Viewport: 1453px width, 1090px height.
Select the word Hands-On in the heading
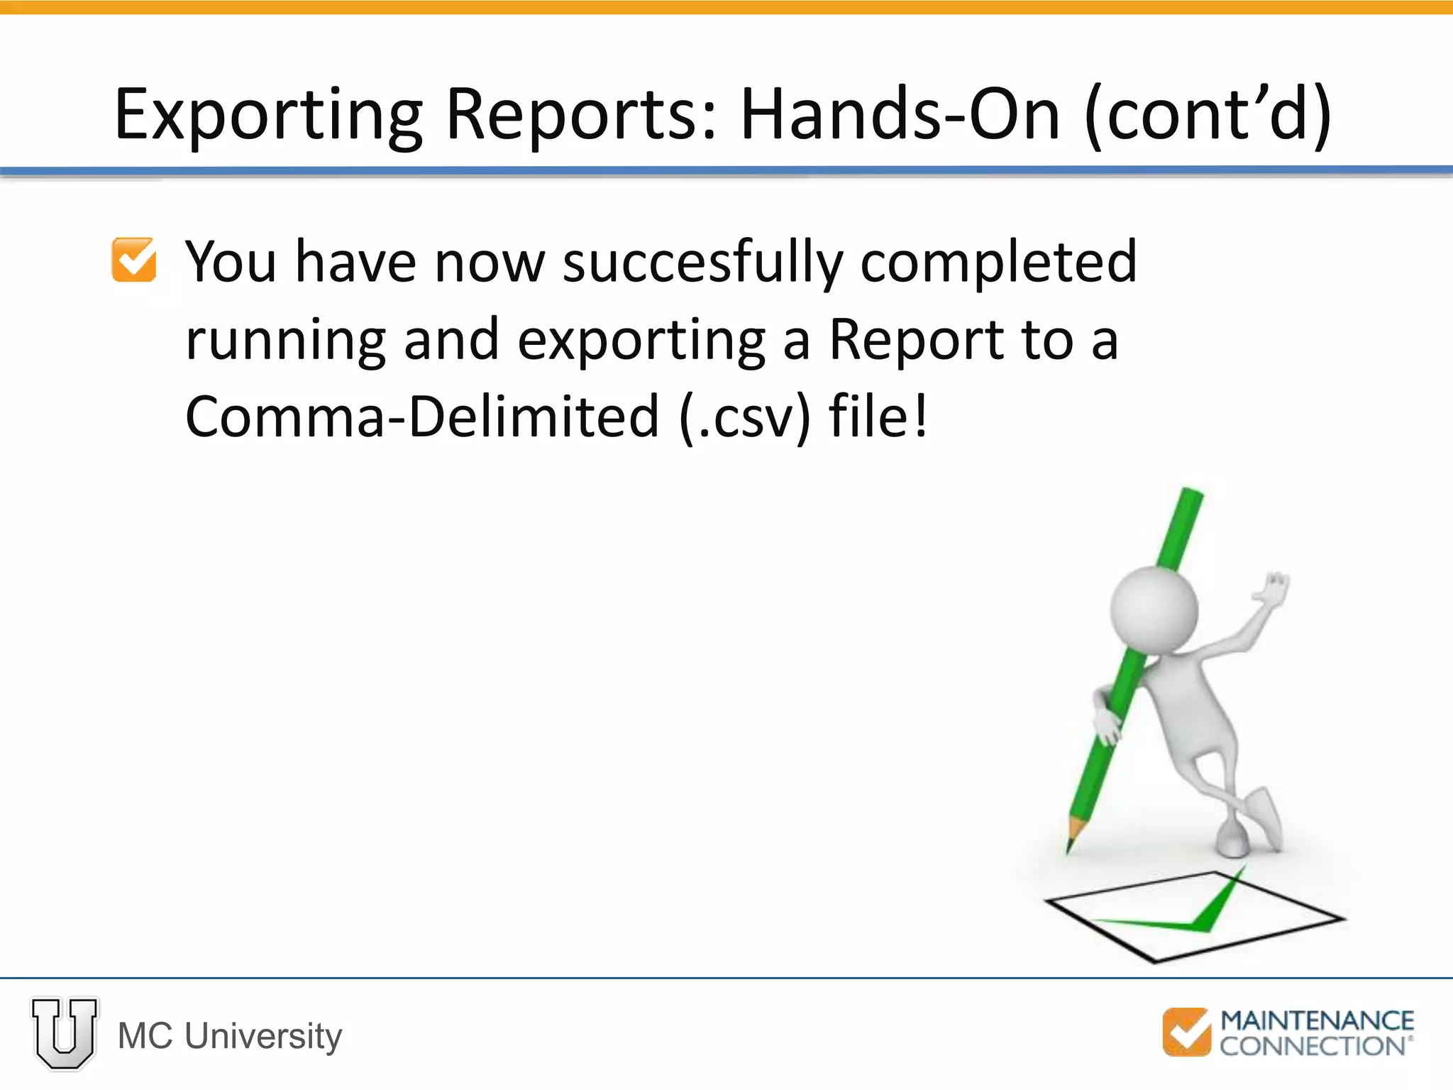[x=900, y=114]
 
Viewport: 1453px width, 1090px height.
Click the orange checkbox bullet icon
[x=134, y=260]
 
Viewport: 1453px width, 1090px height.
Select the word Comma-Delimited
[x=422, y=417]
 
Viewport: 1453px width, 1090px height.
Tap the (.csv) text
[x=744, y=417]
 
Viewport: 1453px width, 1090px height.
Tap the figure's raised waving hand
[x=1274, y=590]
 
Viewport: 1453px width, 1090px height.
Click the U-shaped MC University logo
[x=65, y=1033]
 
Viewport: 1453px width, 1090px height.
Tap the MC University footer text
[x=230, y=1036]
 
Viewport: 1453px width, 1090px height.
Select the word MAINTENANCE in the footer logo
[x=1317, y=1020]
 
